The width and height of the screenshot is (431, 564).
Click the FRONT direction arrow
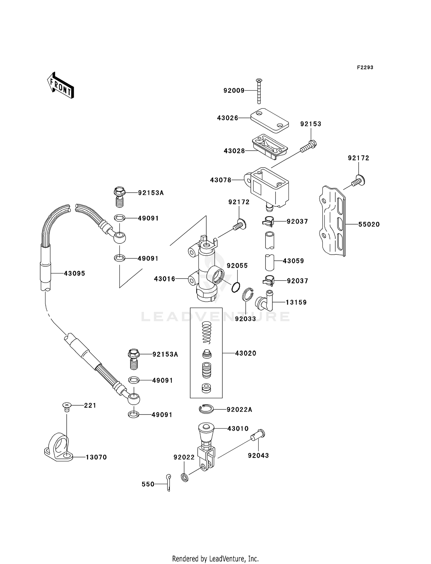click(x=61, y=86)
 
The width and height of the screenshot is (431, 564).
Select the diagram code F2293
click(x=365, y=68)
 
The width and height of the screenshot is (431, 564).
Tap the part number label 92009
click(x=234, y=91)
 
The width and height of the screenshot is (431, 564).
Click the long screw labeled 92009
click(x=259, y=91)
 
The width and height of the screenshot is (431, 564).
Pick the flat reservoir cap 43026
click(x=270, y=120)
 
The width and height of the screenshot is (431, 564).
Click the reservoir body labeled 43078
click(x=269, y=187)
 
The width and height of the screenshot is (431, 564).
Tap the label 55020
click(x=369, y=225)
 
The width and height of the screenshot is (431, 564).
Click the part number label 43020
click(x=245, y=353)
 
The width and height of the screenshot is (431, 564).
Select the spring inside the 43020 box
click(x=207, y=333)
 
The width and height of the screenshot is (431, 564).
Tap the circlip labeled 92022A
click(x=206, y=409)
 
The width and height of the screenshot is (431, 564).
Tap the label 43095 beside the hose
click(x=74, y=274)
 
